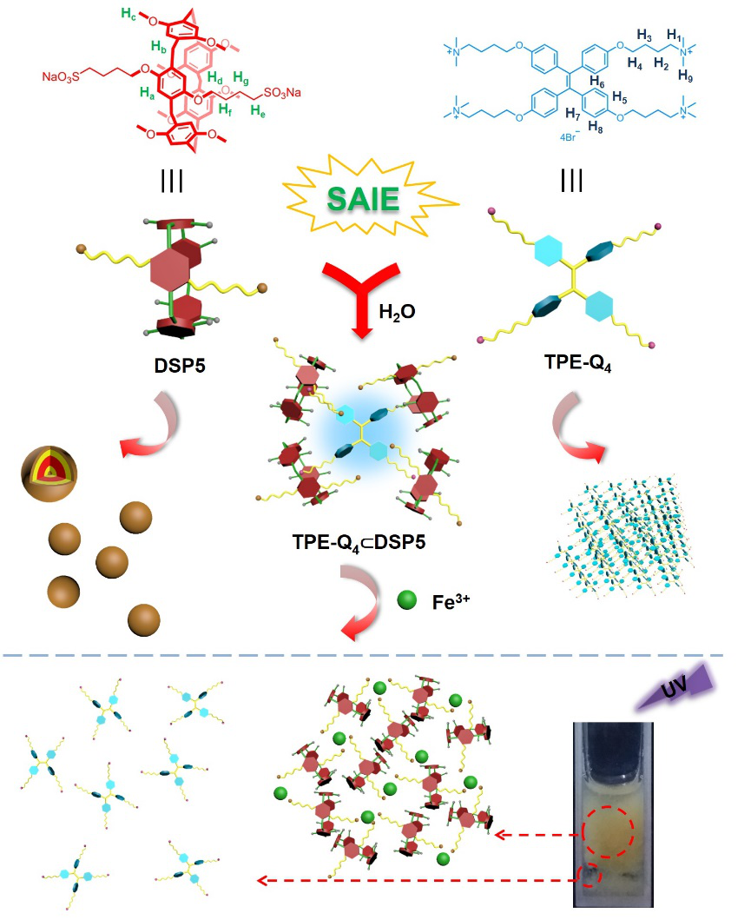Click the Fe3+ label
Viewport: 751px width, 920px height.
pos(451,600)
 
